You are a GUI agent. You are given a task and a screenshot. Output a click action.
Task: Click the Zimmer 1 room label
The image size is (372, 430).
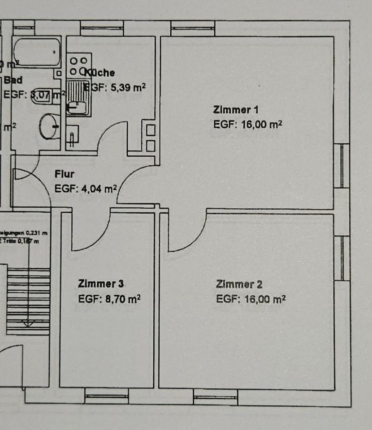click(235, 110)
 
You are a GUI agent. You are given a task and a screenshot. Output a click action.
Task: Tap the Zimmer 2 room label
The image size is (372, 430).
click(239, 284)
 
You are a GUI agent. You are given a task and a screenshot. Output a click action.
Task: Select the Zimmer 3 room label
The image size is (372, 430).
click(101, 284)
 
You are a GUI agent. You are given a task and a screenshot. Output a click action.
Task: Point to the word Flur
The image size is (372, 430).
click(65, 174)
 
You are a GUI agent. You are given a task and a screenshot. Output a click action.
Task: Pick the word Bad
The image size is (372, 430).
click(13, 80)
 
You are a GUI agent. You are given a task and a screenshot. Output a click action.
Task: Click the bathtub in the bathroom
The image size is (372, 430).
click(36, 52)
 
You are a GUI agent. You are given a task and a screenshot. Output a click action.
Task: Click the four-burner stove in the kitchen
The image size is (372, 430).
click(78, 66)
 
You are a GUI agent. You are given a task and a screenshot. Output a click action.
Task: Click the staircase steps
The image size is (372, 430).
click(28, 300)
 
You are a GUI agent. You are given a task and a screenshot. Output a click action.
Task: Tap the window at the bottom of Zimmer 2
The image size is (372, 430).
click(215, 397)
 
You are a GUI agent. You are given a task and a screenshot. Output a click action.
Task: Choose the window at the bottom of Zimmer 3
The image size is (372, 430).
click(106, 396)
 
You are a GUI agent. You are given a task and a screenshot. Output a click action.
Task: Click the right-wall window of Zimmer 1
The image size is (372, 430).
click(342, 165)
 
